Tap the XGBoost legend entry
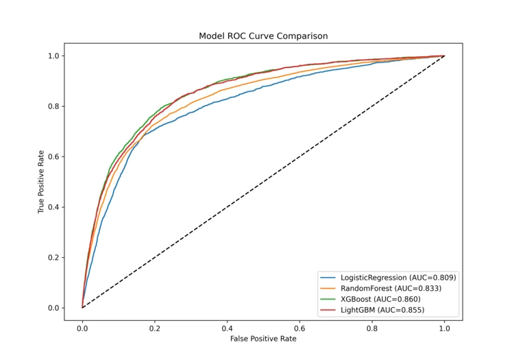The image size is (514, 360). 380,299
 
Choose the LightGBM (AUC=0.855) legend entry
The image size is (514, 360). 382,310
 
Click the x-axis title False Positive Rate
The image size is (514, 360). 263,338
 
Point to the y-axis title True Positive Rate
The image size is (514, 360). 41,182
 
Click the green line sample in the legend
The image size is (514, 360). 328,299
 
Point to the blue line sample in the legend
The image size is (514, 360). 328,278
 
